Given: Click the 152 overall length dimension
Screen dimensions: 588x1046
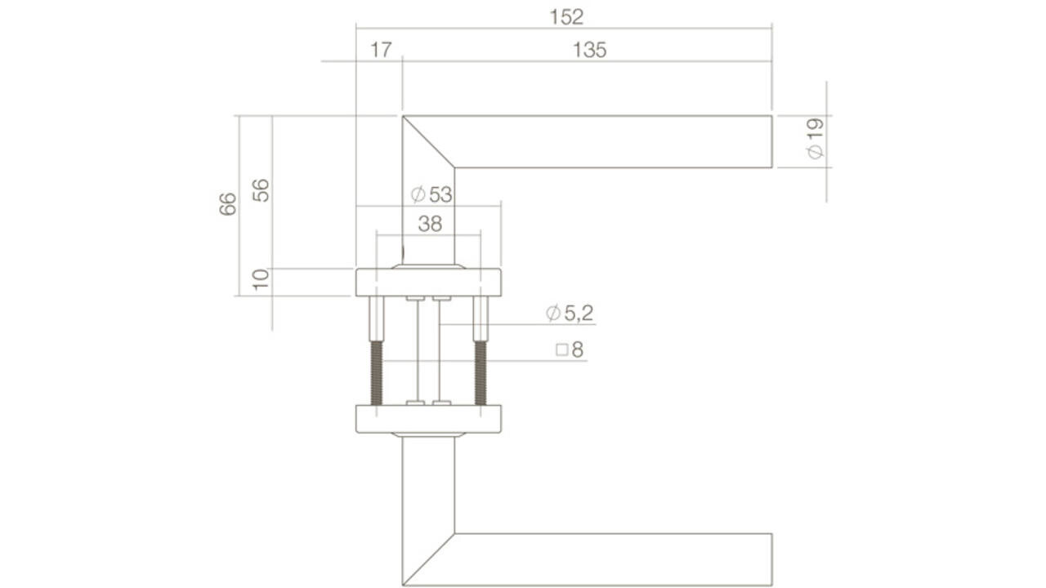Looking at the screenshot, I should point(566,16).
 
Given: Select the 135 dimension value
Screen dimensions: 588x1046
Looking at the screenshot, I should point(589,51).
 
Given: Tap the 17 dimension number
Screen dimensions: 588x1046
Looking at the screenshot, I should point(380,51).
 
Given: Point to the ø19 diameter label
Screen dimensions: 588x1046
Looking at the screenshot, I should point(815,139).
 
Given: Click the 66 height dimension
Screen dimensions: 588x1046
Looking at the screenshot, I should point(228,203).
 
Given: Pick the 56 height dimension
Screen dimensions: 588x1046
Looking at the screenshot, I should point(261,190).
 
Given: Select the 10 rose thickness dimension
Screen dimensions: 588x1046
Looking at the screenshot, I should point(261,280).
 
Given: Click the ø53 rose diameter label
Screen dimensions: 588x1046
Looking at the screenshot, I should point(431,194).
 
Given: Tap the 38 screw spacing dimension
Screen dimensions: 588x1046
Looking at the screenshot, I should point(430,224).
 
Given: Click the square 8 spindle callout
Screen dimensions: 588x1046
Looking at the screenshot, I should point(570,350).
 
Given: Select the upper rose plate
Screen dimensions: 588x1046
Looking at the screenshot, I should point(428,282).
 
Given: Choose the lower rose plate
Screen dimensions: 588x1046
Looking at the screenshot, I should point(428,418).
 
